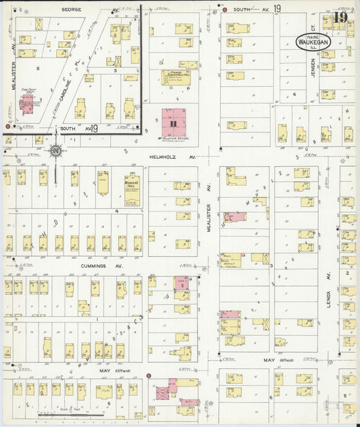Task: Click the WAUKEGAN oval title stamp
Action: pyautogui.click(x=313, y=41)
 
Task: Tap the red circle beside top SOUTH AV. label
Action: pyautogui.click(x=224, y=11)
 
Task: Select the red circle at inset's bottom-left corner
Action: pyautogui.click(x=7, y=126)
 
